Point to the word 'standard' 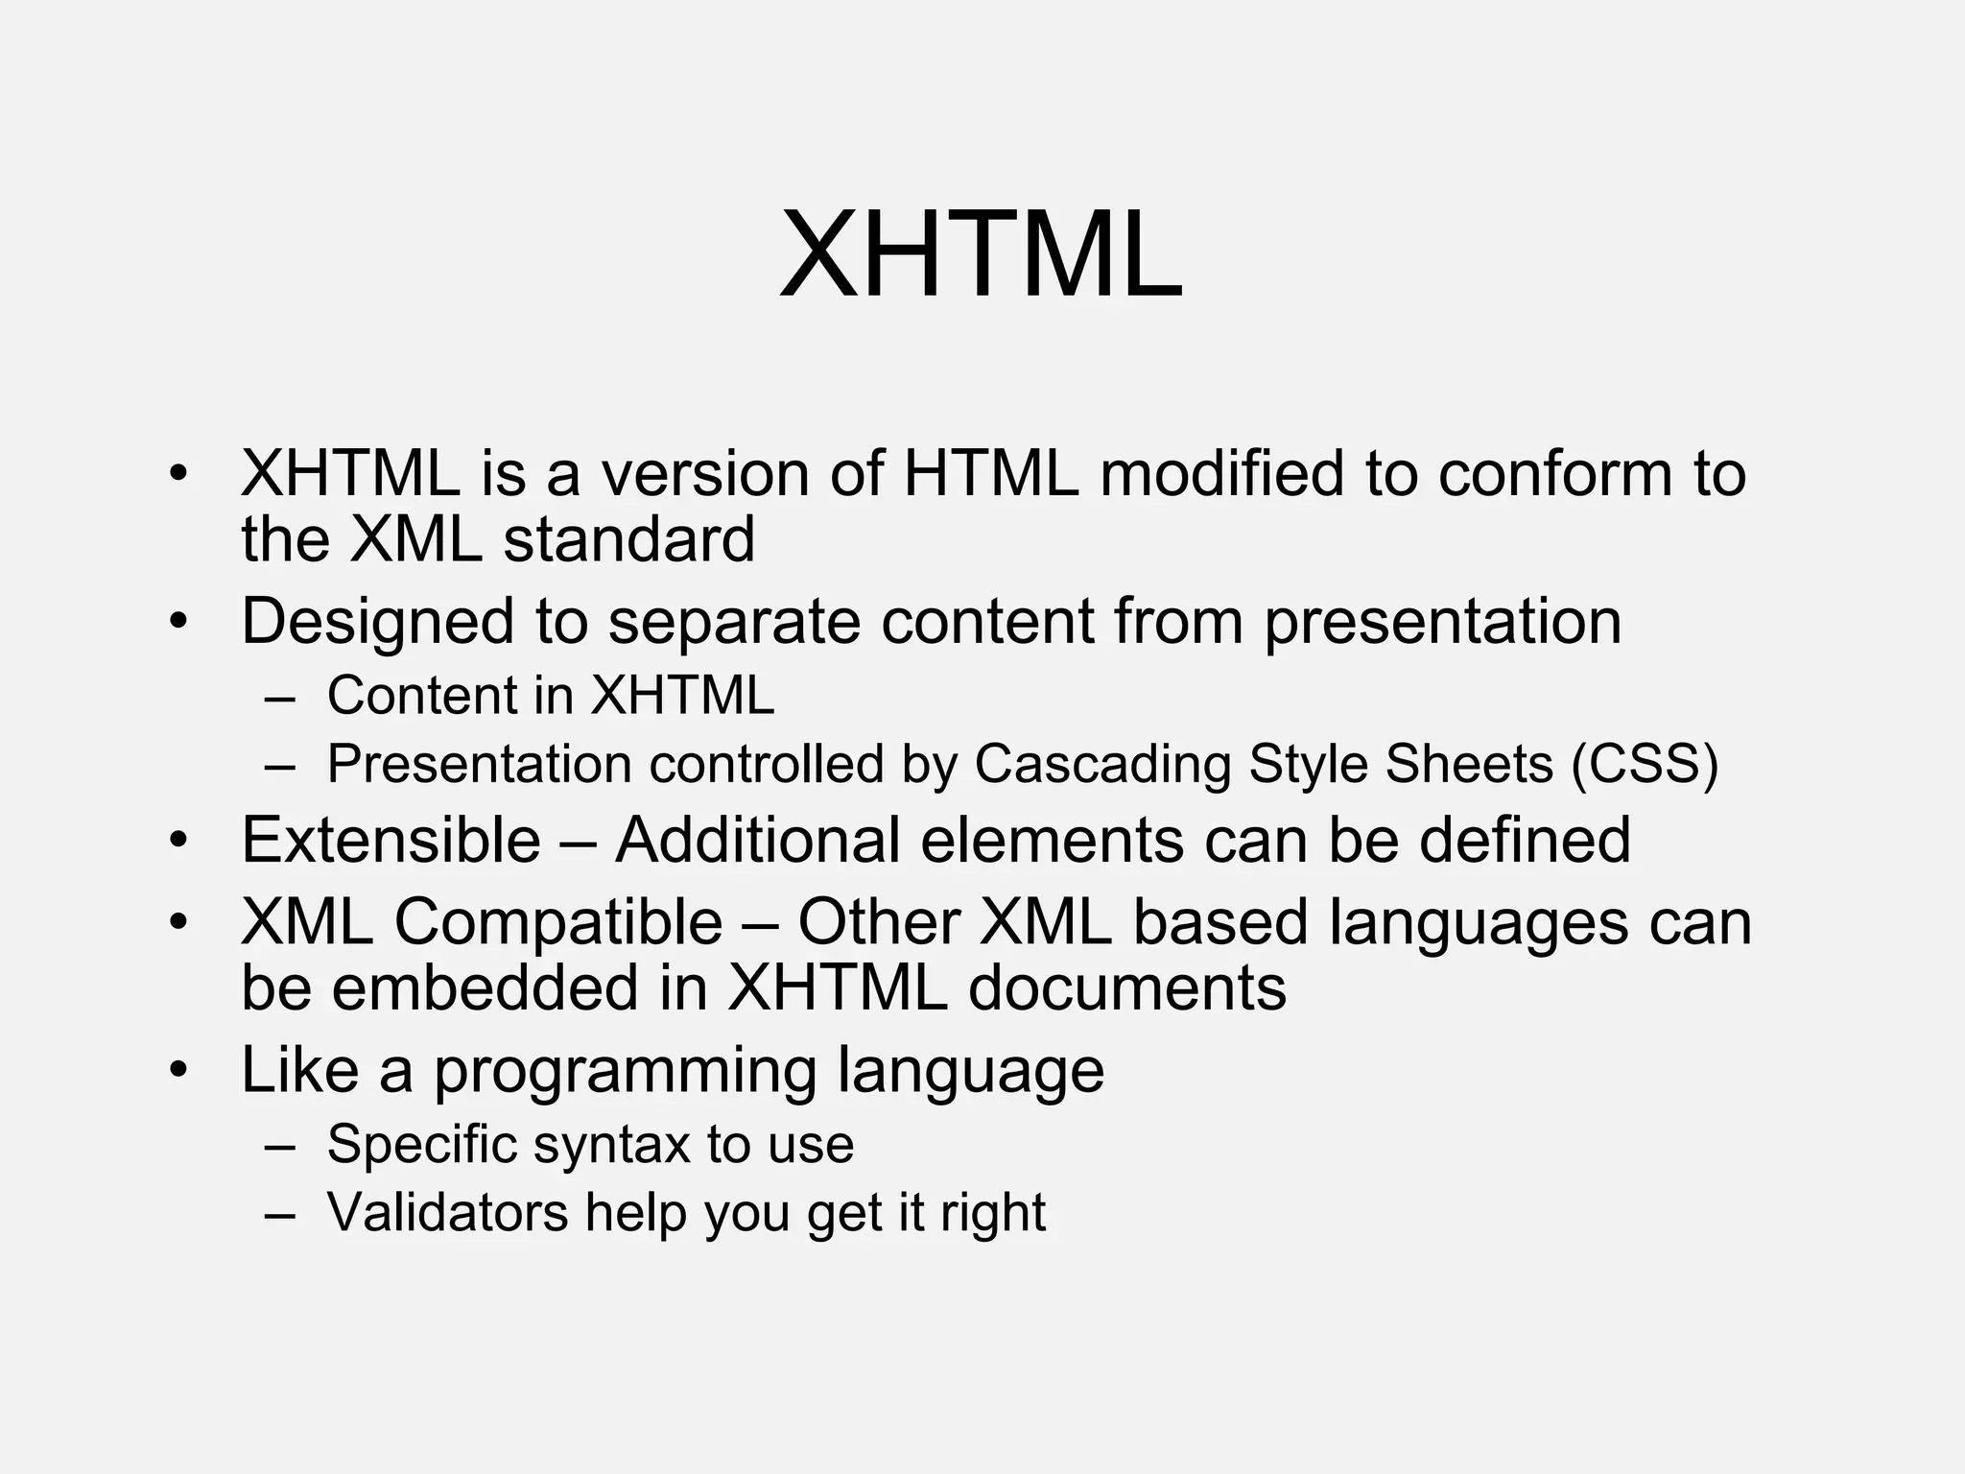pos(629,539)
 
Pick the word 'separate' pos(734,622)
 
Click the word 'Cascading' pos(1102,765)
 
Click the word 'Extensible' pos(391,841)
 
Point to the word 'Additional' pos(758,841)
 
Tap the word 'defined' pos(1525,841)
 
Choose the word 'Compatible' pos(557,923)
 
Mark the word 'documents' pos(1127,988)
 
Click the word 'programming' pos(625,1071)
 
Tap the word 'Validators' pos(448,1212)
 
